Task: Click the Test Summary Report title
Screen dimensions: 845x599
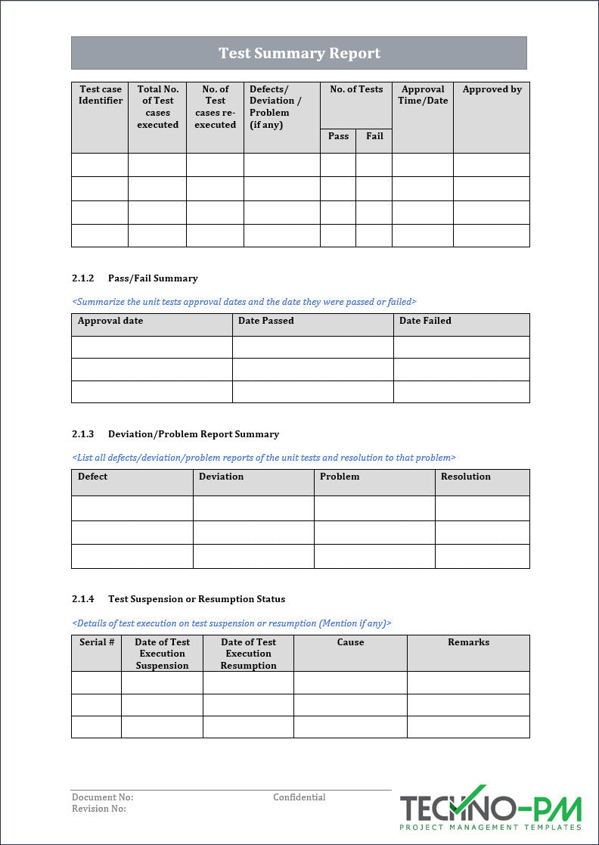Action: (x=299, y=53)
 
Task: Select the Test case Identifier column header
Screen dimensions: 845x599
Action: (x=100, y=95)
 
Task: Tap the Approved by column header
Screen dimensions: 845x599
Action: (x=492, y=89)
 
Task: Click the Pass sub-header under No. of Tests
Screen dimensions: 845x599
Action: (x=338, y=136)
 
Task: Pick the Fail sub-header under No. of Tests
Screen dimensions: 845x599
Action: (x=374, y=136)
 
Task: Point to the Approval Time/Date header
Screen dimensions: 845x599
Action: (x=423, y=95)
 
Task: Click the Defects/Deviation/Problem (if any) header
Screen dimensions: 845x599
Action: (x=276, y=107)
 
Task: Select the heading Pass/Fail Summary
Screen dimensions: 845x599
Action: (x=153, y=278)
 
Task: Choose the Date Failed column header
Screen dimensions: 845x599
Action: (x=425, y=321)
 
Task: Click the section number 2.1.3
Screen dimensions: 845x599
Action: (x=83, y=434)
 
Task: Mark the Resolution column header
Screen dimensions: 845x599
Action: (x=465, y=477)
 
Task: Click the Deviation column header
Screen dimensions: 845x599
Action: (x=221, y=477)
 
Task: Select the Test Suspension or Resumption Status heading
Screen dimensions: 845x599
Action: (x=197, y=599)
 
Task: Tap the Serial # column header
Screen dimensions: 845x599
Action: (x=97, y=642)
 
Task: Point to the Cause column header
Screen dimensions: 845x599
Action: (x=350, y=642)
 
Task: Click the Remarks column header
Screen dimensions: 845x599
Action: (x=468, y=642)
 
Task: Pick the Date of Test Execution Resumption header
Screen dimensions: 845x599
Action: (x=248, y=654)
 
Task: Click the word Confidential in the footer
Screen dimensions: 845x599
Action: (x=299, y=797)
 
